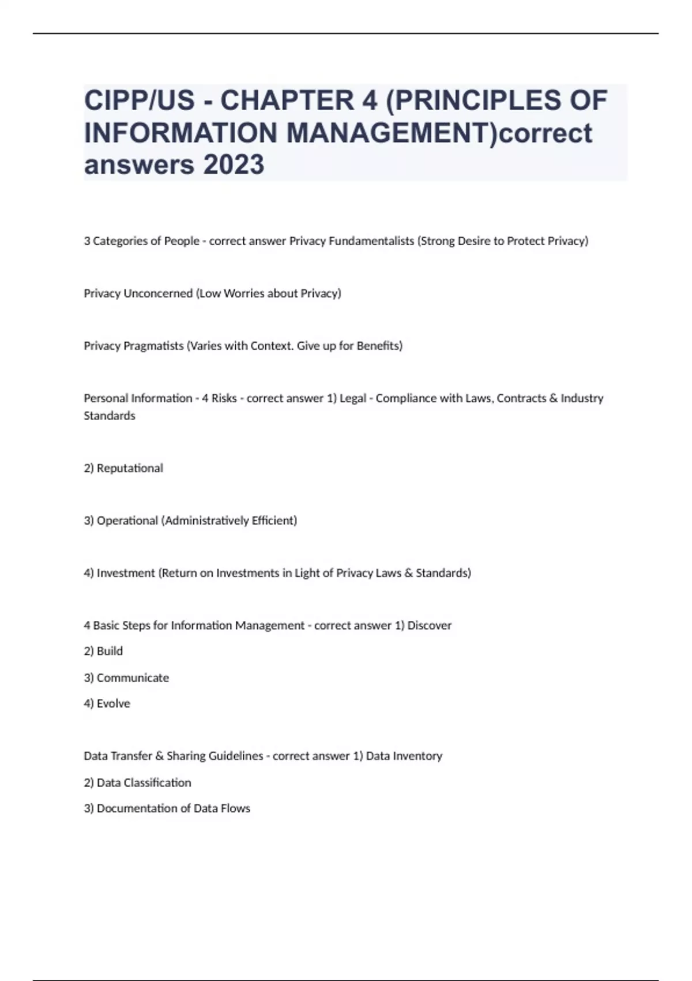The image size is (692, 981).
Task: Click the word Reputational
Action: tap(130, 468)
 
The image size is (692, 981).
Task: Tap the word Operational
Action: tap(127, 521)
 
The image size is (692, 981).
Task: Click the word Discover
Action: tap(430, 626)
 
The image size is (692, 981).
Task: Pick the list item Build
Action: tap(110, 651)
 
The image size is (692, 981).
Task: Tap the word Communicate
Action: tap(133, 678)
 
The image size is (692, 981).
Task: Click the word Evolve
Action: tap(114, 704)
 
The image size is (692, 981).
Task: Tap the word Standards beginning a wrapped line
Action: tap(110, 416)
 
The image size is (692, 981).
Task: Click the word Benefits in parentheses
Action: tap(379, 346)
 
